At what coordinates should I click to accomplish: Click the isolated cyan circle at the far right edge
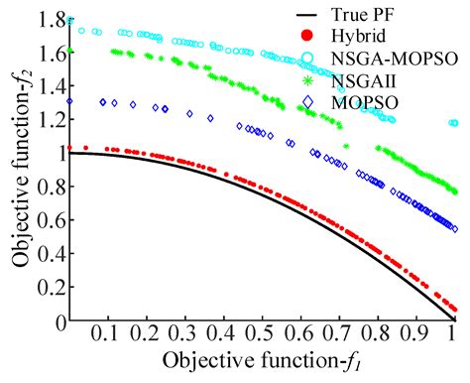(x=452, y=123)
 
